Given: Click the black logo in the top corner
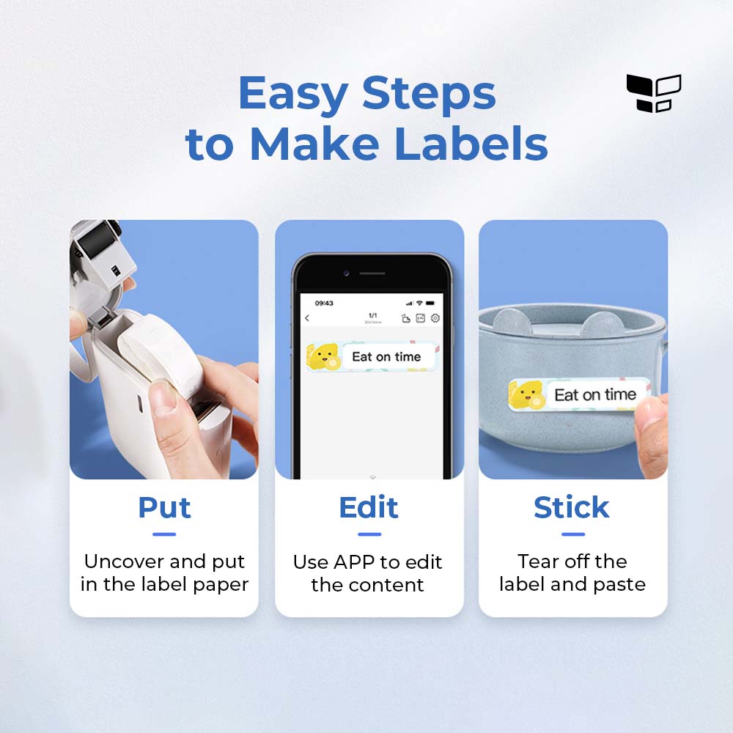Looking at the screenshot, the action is tap(654, 94).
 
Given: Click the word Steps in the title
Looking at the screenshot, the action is tap(429, 95).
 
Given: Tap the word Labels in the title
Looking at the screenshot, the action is tap(471, 144).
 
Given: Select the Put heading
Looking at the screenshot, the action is tap(164, 508).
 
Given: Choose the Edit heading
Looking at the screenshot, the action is tap(369, 507).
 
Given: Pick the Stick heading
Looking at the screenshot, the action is tap(572, 507).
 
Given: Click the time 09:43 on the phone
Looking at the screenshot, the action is tap(324, 303).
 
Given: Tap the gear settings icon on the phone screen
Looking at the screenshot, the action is tap(435, 318).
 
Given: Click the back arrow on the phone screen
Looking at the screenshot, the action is tap(307, 318).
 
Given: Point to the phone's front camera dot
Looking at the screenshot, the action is tap(347, 273).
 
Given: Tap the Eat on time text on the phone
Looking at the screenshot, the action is tap(386, 357).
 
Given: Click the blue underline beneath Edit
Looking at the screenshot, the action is tap(369, 534).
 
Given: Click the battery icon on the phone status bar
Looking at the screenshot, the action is tap(430, 303).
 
